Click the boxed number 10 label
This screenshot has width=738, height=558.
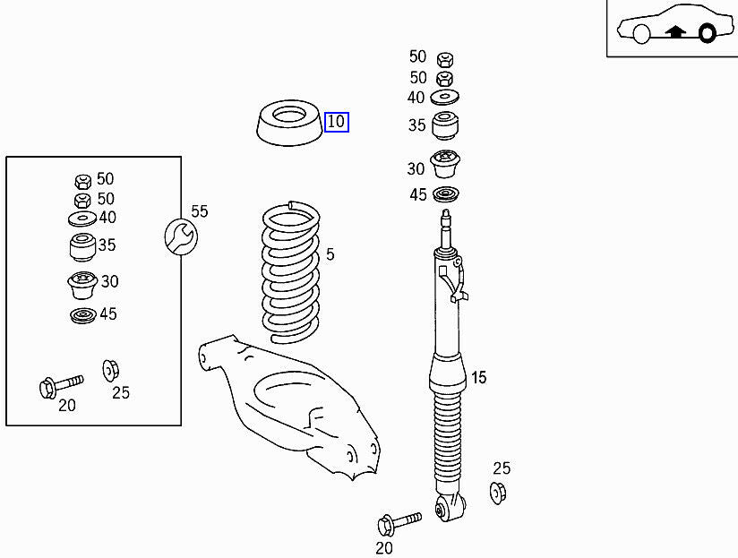(336, 122)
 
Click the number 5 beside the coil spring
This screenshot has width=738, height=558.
(330, 255)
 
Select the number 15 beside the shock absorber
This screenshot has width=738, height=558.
(478, 378)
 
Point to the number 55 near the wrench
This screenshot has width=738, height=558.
(199, 211)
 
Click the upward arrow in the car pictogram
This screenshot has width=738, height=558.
(676, 32)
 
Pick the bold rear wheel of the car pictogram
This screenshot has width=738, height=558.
(707, 34)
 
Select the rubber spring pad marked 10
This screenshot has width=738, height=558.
(287, 125)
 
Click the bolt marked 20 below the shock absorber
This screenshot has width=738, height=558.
(399, 521)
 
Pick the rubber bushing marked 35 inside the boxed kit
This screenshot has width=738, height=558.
(82, 245)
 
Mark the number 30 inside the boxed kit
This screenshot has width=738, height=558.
(109, 281)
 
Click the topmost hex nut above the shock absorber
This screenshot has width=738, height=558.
(443, 60)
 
